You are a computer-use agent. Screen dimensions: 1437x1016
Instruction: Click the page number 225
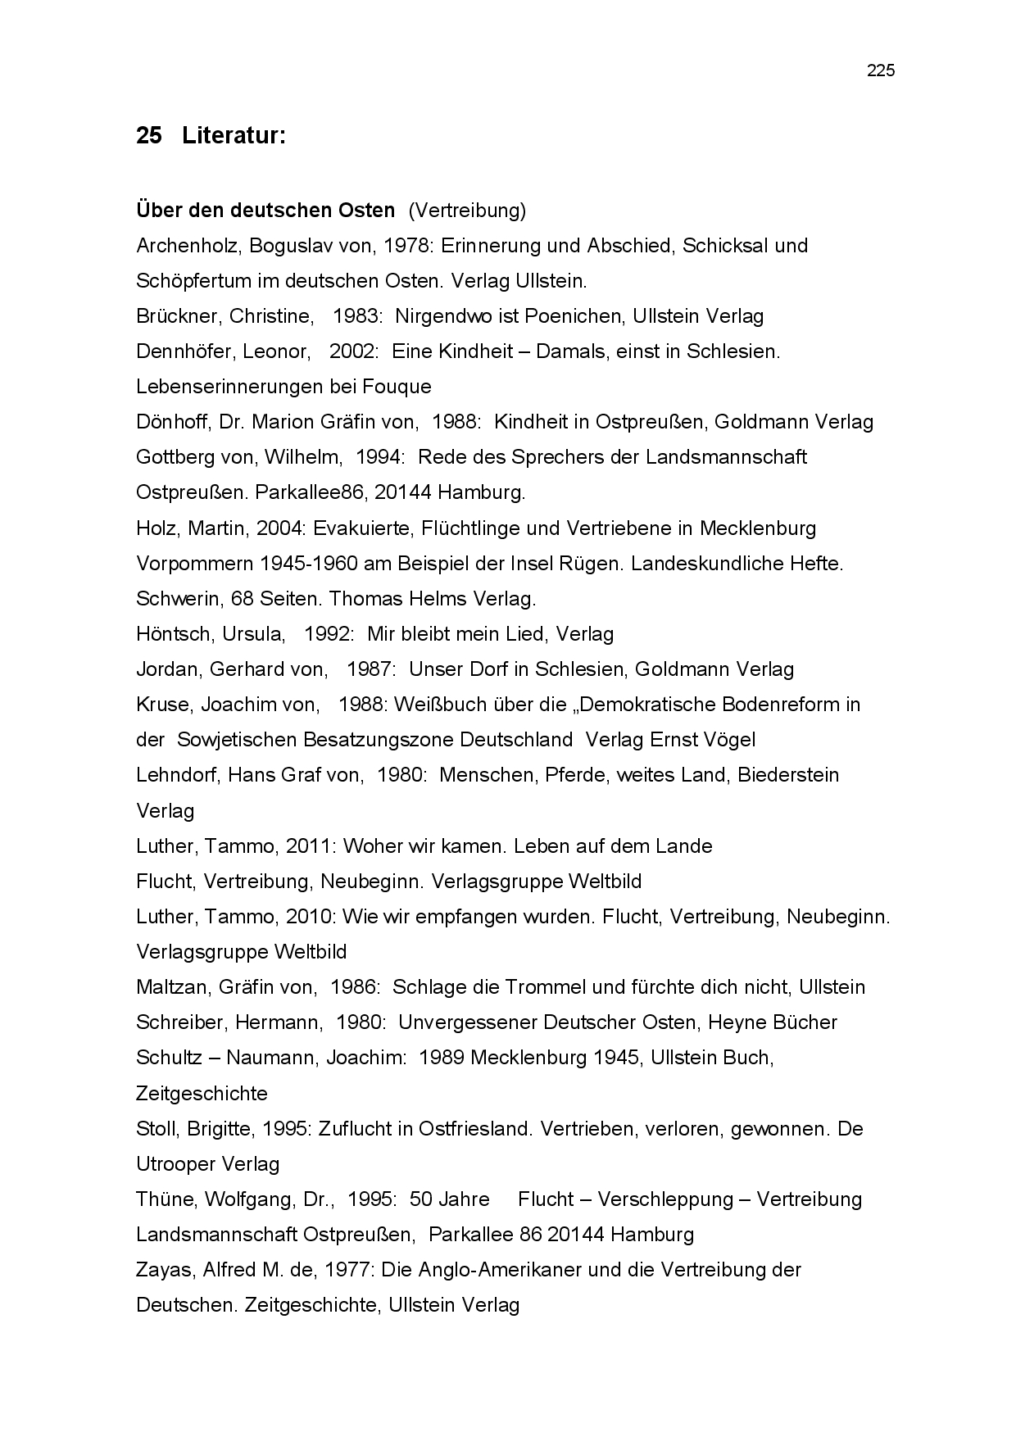point(881,70)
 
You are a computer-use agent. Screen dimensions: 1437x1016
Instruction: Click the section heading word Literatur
point(233,135)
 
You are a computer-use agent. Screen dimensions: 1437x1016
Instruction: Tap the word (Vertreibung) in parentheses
point(467,211)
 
